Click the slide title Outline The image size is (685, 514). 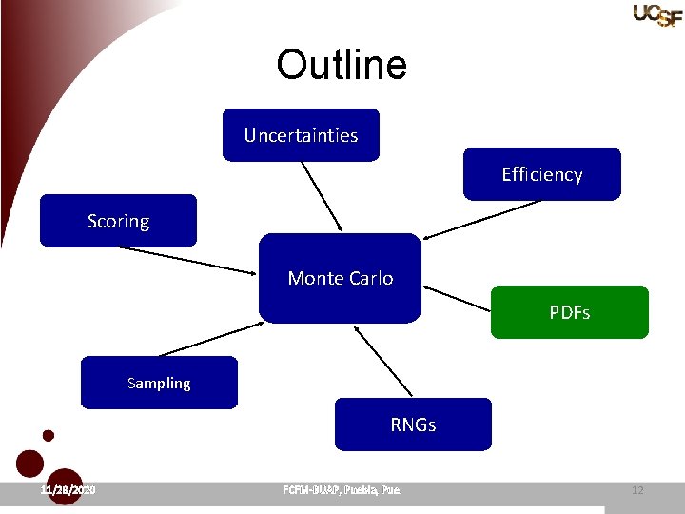pyautogui.click(x=342, y=65)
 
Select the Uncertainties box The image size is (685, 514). pyautogui.click(x=301, y=135)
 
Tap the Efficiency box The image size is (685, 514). pyautogui.click(x=541, y=174)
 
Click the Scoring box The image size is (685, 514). pyautogui.click(x=118, y=221)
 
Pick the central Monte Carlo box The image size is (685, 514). pyautogui.click(x=340, y=278)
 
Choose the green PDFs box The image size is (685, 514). pyautogui.click(x=569, y=312)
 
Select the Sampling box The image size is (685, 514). pyautogui.click(x=159, y=383)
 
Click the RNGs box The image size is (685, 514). pyautogui.click(x=413, y=425)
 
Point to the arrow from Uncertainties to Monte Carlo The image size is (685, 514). pyautogui.click(x=323, y=196)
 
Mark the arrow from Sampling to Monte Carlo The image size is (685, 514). pyautogui.click(x=209, y=339)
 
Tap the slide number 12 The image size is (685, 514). pyautogui.click(x=637, y=490)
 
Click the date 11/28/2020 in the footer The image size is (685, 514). pyautogui.click(x=68, y=490)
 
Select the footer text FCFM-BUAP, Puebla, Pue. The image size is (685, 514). pyautogui.click(x=342, y=490)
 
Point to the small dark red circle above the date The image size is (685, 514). pyautogui.click(x=49, y=436)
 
